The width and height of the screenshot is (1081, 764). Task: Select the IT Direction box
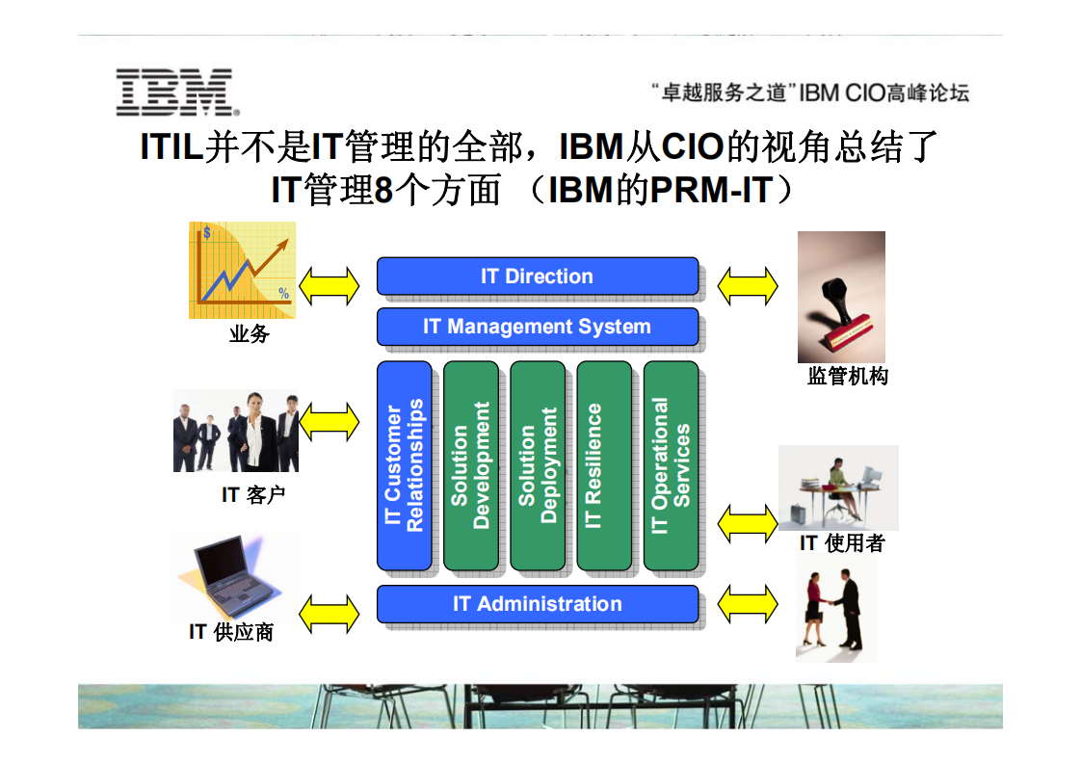click(x=537, y=277)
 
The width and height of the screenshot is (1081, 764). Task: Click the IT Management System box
click(x=537, y=327)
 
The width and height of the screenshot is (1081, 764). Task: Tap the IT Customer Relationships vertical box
click(x=404, y=465)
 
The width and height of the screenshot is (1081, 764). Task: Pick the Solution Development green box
click(x=470, y=465)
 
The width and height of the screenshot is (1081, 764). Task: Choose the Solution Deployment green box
click(x=537, y=465)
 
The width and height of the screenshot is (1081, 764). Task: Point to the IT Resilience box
click(x=603, y=465)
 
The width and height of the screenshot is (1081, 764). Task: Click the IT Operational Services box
click(x=671, y=465)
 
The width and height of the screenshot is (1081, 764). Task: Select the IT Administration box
click(x=537, y=604)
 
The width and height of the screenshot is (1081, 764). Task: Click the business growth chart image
click(x=242, y=271)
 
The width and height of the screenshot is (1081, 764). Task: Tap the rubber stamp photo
click(x=840, y=297)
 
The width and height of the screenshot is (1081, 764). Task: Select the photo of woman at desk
click(x=837, y=487)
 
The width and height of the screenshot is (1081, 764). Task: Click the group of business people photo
click(x=236, y=431)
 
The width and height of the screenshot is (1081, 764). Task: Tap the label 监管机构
click(x=847, y=377)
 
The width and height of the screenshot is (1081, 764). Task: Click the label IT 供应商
click(x=231, y=632)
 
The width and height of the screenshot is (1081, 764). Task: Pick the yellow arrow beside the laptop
click(x=329, y=614)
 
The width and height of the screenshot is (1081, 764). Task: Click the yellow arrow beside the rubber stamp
click(x=748, y=285)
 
